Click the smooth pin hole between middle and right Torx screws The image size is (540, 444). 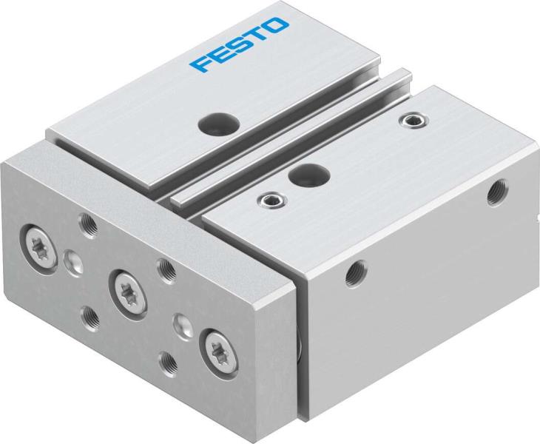(180, 323)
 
